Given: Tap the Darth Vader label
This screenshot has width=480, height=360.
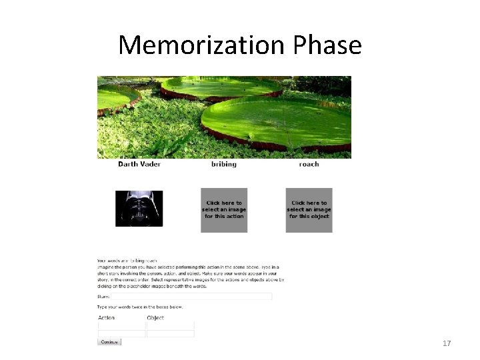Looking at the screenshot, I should tap(139, 164).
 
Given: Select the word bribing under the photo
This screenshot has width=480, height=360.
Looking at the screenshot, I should tap(223, 164).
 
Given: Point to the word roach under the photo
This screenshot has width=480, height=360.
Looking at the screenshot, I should tap(309, 164).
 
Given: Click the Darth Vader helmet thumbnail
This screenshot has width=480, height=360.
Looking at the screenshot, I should tap(139, 208).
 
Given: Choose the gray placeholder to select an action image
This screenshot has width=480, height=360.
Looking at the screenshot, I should tap(224, 209).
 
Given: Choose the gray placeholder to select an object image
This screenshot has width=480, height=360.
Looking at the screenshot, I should tap(309, 209).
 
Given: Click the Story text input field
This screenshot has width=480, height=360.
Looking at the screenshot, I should tap(191, 296).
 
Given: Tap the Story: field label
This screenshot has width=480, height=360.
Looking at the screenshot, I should tap(103, 296).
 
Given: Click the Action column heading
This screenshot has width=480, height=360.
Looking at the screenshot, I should tap(107, 317).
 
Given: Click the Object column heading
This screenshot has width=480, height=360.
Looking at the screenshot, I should tap(155, 317).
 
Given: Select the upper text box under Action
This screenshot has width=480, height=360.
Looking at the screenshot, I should tap(121, 325).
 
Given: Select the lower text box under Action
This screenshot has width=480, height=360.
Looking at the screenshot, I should tap(121, 333).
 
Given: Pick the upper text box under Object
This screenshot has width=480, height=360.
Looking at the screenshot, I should tap(170, 325).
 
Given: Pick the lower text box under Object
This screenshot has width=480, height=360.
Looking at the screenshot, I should tap(170, 333).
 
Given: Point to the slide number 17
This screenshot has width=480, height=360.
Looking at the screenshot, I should tap(447, 343).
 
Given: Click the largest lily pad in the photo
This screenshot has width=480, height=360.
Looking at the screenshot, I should tap(277, 121).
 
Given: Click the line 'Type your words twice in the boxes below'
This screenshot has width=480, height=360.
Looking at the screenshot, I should tap(140, 307).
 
